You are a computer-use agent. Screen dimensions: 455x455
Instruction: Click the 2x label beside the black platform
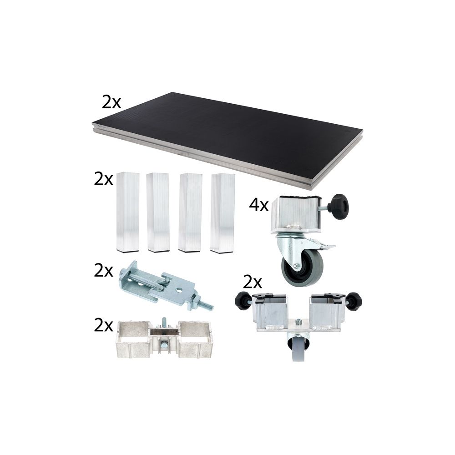pos(111,102)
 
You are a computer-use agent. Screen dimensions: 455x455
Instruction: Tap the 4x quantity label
pos(259,206)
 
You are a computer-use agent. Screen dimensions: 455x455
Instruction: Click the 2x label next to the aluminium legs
pos(103,179)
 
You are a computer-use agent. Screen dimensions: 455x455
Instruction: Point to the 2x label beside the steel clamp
pos(103,271)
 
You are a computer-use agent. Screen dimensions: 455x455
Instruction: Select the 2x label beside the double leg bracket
pos(103,326)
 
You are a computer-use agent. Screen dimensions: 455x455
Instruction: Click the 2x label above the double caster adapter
pos(253,283)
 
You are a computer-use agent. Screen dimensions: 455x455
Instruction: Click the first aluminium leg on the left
pos(128,212)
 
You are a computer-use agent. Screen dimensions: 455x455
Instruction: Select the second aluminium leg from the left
pos(158,212)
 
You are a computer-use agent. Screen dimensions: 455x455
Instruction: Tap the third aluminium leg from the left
pos(190,212)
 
